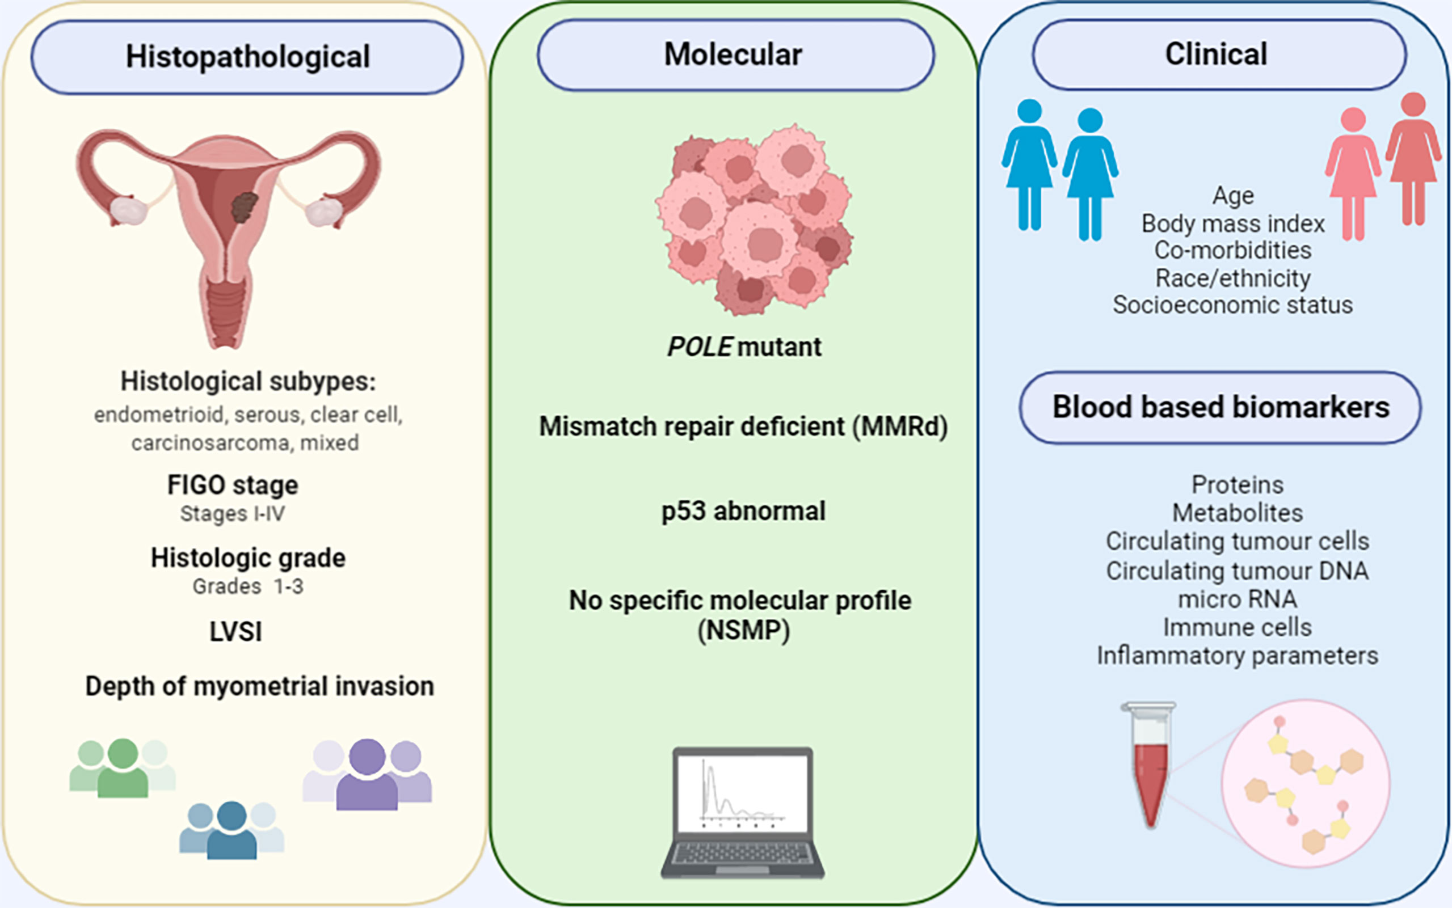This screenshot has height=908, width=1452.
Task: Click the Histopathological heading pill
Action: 247,57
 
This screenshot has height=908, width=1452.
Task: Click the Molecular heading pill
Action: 735,54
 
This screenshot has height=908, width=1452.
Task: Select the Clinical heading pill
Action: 1219,54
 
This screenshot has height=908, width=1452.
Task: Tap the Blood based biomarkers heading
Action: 1220,407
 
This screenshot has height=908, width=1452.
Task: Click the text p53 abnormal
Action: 743,512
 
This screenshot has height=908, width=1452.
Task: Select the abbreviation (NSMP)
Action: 743,631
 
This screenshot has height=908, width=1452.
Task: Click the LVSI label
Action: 235,632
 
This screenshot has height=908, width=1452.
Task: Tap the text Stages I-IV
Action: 233,514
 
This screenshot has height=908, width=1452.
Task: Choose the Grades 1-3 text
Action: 247,586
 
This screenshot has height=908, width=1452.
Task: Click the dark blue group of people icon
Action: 232,830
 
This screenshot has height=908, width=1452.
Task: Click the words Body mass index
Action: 1233,223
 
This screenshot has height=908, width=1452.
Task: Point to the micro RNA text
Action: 1237,599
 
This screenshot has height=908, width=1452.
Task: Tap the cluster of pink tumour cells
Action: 755,219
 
